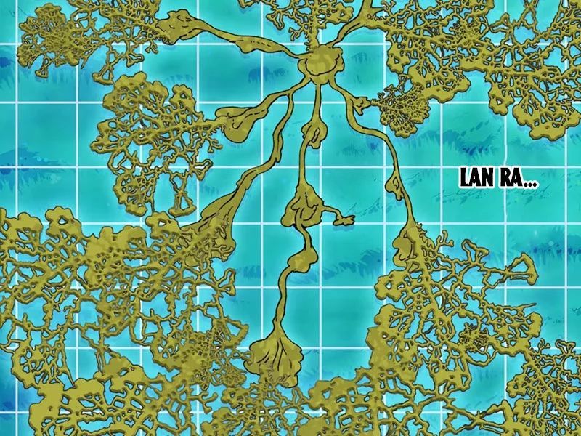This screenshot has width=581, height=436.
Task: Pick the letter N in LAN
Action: tap(489, 178)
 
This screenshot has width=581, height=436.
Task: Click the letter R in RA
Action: tap(505, 178)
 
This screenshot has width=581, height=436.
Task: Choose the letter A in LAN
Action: tap(477, 178)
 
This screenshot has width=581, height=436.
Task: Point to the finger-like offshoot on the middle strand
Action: tap(341, 217)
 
